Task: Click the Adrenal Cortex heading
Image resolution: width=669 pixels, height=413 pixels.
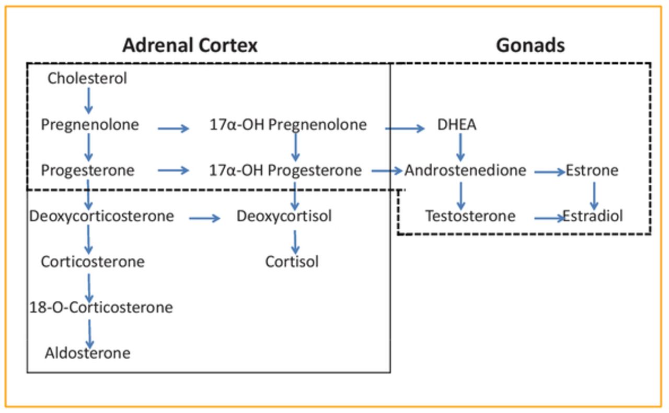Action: click(x=190, y=45)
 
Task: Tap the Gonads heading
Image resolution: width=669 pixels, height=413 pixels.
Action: click(x=530, y=45)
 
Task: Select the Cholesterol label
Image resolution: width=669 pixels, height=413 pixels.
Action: click(x=87, y=78)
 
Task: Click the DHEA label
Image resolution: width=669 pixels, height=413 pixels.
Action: click(x=457, y=124)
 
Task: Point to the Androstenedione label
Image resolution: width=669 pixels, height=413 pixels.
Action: click(x=465, y=170)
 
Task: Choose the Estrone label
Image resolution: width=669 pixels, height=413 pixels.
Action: click(x=592, y=170)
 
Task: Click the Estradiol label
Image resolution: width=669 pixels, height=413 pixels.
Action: click(x=593, y=216)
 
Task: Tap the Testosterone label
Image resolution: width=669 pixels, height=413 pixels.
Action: click(x=470, y=216)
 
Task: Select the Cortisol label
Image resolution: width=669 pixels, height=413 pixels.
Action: click(x=292, y=262)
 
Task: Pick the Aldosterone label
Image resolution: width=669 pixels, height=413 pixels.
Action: click(x=87, y=353)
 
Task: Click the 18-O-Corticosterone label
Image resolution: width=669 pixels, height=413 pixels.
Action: click(x=101, y=307)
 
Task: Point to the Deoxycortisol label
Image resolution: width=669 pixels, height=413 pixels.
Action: click(x=284, y=216)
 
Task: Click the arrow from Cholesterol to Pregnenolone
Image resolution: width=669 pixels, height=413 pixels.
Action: click(x=88, y=101)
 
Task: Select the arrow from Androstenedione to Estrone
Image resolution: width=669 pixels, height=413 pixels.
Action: click(x=550, y=172)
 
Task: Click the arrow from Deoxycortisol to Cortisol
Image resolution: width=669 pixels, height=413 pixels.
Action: click(x=295, y=242)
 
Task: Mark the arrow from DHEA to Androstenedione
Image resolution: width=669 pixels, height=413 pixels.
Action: click(x=460, y=147)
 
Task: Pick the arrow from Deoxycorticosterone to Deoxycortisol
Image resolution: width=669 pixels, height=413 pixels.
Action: click(x=204, y=218)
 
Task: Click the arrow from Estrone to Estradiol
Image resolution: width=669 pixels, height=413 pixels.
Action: click(x=594, y=196)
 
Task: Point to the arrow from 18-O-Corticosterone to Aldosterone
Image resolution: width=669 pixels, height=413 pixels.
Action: click(x=89, y=334)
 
